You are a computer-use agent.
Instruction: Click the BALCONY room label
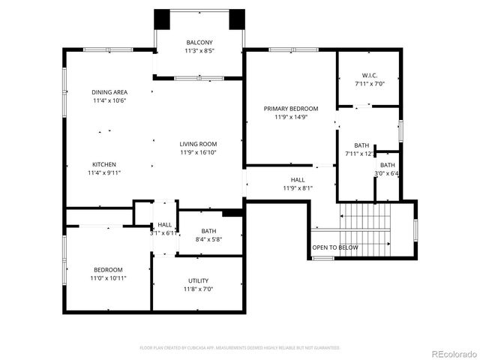(x=199, y=42)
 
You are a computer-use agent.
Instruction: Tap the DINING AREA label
(x=109, y=91)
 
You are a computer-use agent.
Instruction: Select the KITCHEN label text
(x=104, y=164)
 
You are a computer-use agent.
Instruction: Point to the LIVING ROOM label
(x=198, y=144)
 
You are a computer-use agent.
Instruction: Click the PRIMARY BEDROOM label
(x=291, y=109)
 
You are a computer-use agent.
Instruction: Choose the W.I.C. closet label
(x=369, y=76)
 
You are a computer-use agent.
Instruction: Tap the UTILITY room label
(x=198, y=280)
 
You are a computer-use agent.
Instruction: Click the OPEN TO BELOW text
(x=335, y=247)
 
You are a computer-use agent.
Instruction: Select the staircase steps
(x=366, y=229)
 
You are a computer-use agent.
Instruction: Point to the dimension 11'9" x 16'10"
(x=198, y=152)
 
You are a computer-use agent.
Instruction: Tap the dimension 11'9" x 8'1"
(x=298, y=188)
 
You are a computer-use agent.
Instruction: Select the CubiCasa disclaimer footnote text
(x=240, y=347)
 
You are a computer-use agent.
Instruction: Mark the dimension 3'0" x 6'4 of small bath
(x=388, y=173)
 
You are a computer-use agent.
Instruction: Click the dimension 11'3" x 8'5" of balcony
(x=199, y=50)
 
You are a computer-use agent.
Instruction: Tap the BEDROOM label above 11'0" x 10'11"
(x=108, y=269)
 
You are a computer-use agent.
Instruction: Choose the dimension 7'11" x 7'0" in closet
(x=369, y=84)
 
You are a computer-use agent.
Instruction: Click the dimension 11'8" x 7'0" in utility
(x=198, y=289)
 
